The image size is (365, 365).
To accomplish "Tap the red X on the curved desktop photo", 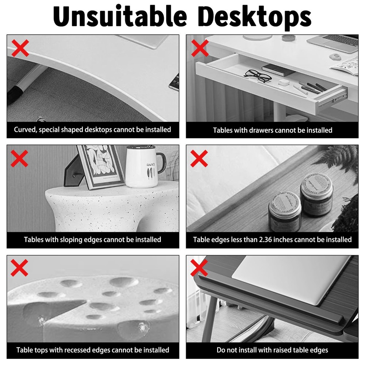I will pos(20,48).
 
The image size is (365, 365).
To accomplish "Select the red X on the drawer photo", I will pos(200,48).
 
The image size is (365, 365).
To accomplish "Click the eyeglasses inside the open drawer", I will pos(258,76).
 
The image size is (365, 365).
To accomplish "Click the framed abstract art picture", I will pos(100,166).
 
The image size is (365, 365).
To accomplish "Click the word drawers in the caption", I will pos(260,130).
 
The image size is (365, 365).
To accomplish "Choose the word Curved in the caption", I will pos(24,130).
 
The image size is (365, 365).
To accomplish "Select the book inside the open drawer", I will pos(278,69).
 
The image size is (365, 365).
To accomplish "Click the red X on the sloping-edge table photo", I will pos(20,158).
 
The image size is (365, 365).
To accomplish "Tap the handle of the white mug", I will pos(161,162).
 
